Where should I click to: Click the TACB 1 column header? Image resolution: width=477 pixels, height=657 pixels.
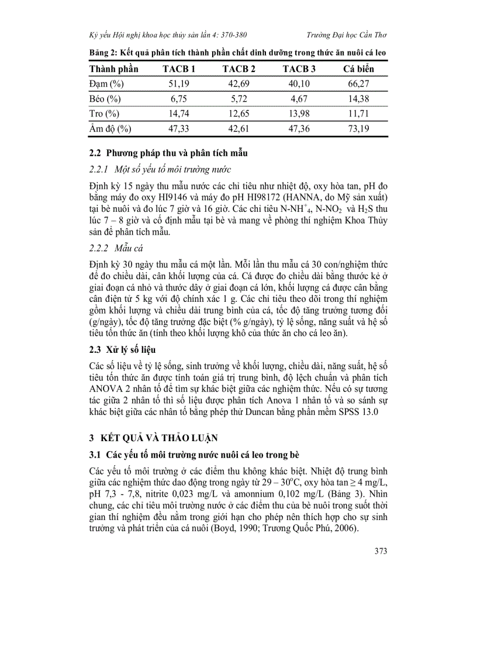point(178,69)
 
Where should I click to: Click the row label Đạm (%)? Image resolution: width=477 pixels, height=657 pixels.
point(106,84)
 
